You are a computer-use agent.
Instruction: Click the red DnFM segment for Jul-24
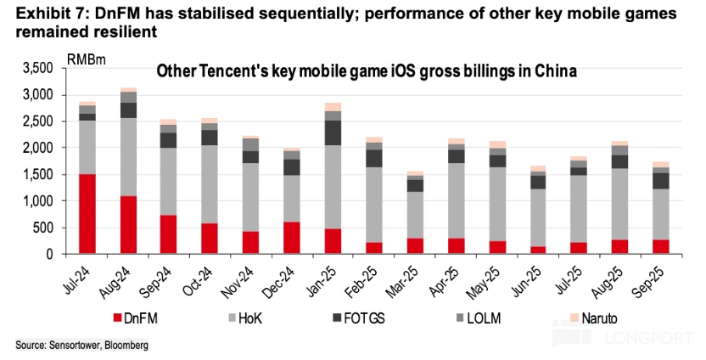[87, 214]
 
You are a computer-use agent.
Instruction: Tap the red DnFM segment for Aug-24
[129, 225]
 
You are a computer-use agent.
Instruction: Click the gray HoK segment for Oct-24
[209, 184]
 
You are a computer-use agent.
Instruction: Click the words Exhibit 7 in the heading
[37, 14]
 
